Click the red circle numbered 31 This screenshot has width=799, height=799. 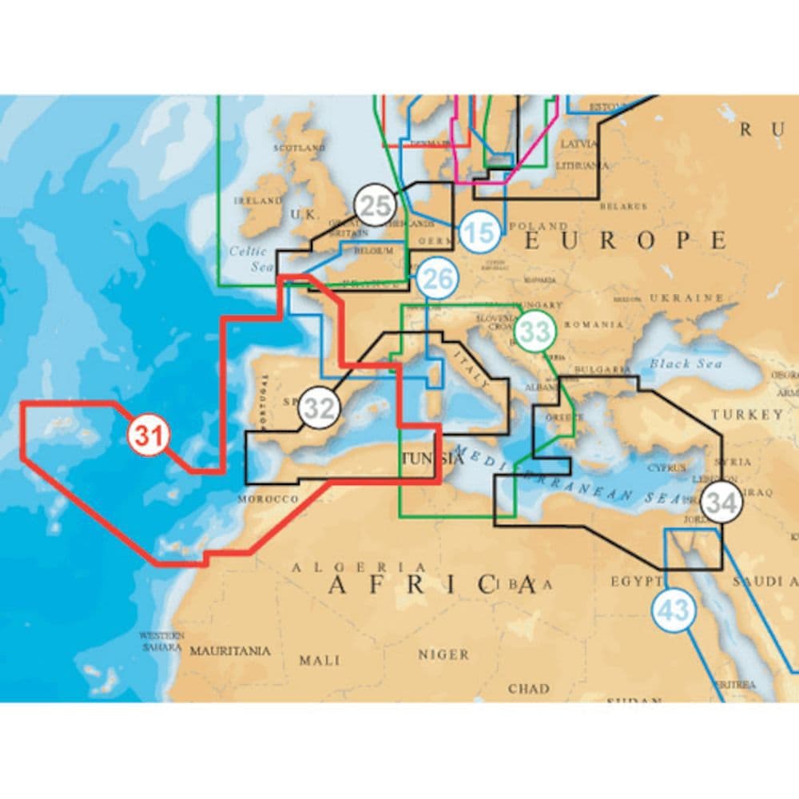(x=149, y=435)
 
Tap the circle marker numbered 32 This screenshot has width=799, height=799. (x=319, y=408)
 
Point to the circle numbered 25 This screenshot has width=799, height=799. (x=374, y=205)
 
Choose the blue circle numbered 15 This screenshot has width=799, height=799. (x=479, y=233)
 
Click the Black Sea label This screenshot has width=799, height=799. (x=685, y=364)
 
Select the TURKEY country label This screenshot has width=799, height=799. (x=748, y=415)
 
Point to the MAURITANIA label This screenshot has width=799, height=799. (x=229, y=651)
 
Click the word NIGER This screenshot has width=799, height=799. (x=443, y=654)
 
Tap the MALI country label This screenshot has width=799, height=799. (x=319, y=660)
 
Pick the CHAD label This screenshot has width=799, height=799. (x=528, y=688)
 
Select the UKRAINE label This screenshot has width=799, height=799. (x=686, y=297)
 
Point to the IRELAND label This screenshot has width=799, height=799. (x=257, y=201)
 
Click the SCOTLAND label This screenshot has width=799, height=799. (x=299, y=148)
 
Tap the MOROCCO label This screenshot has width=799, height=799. (x=268, y=499)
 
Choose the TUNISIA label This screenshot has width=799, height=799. (x=432, y=459)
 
